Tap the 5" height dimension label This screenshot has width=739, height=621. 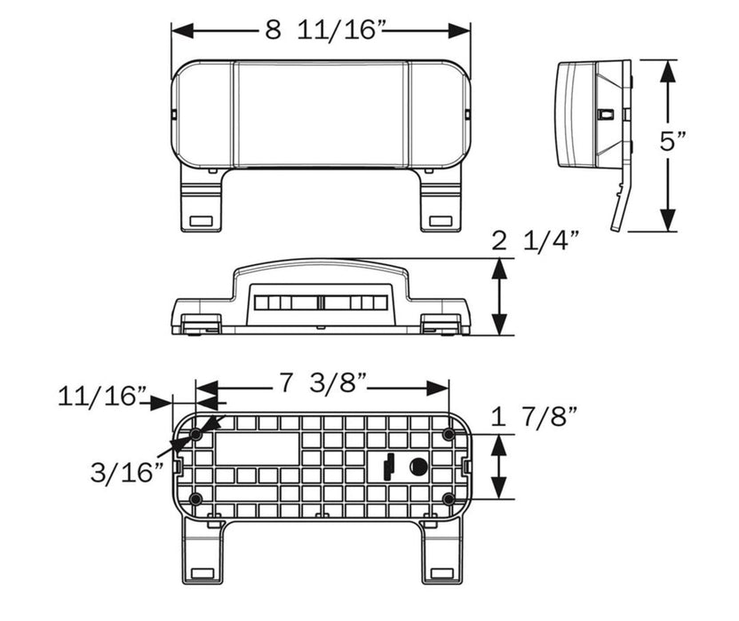pyautogui.click(x=673, y=141)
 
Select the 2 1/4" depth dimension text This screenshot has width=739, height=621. pyautogui.click(x=535, y=240)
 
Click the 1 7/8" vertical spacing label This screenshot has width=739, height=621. pyautogui.click(x=534, y=416)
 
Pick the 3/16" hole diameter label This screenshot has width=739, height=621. pyautogui.click(x=127, y=472)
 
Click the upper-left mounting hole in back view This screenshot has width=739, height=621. pyautogui.click(x=196, y=435)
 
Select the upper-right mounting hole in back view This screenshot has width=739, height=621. pyautogui.click(x=449, y=435)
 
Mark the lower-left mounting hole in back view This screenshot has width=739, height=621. pyautogui.click(x=196, y=499)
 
